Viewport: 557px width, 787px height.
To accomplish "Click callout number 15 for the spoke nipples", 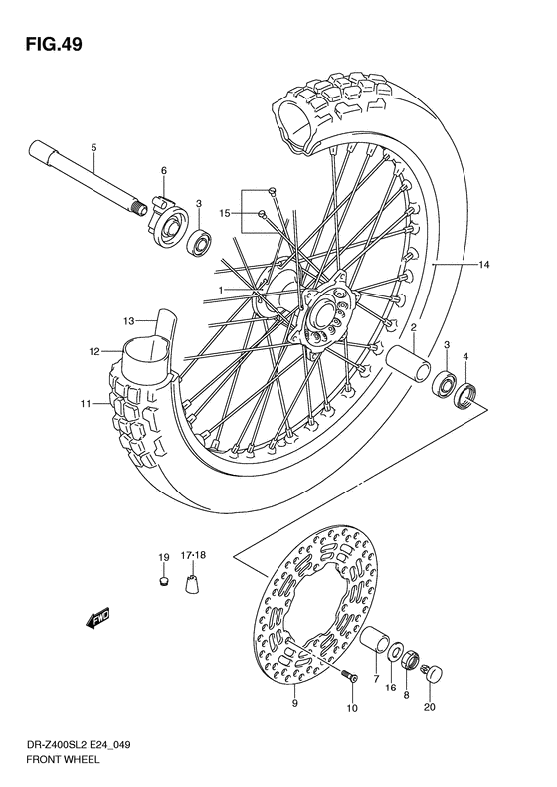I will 225,212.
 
